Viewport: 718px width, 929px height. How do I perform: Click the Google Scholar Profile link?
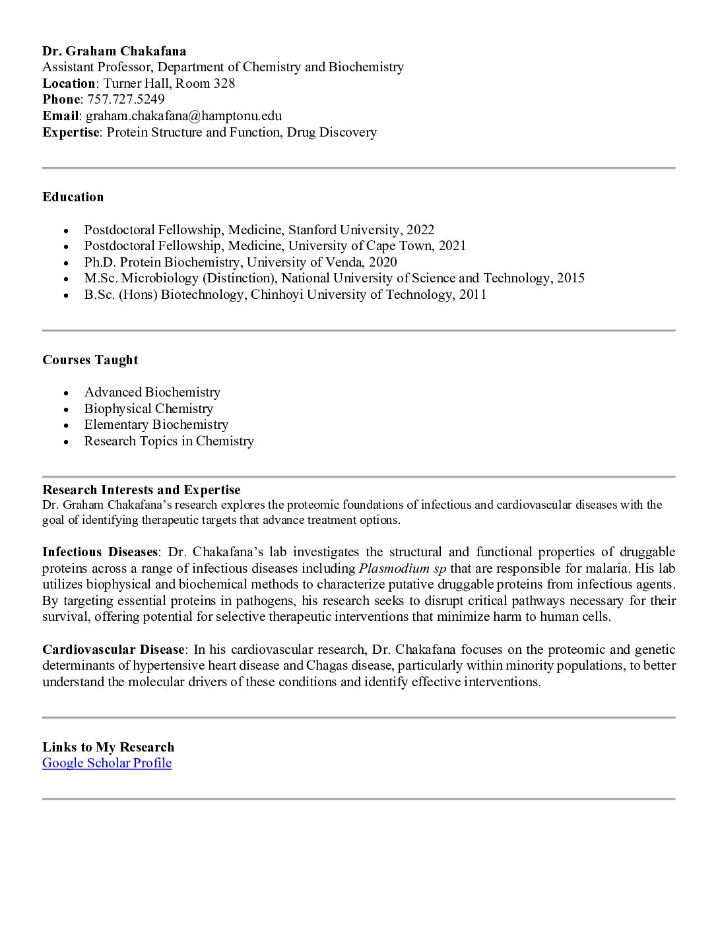pos(107,763)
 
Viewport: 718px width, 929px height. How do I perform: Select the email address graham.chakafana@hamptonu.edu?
pos(183,116)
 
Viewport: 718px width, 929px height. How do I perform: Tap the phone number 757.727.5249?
pos(126,100)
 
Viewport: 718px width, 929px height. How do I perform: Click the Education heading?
pos(73,197)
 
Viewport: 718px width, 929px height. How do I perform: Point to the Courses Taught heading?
pos(90,360)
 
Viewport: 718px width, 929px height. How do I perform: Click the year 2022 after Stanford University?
pos(420,230)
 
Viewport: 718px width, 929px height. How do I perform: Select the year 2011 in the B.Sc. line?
pos(473,295)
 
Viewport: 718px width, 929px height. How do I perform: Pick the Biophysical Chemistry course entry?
pos(148,409)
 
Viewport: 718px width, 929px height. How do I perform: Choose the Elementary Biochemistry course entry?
pos(156,425)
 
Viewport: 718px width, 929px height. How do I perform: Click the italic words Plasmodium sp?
pos(403,569)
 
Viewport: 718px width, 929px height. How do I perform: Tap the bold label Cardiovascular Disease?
pos(115,650)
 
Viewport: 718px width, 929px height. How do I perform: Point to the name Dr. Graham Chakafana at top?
pos(114,51)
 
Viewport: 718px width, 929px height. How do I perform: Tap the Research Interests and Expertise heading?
pos(141,490)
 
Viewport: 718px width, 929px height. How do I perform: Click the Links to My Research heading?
pos(108,748)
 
